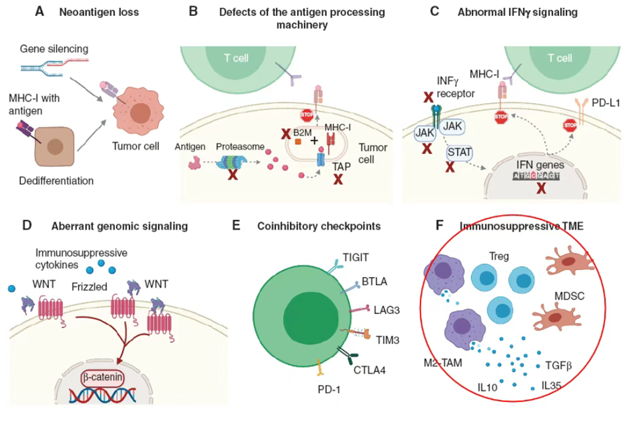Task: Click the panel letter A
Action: coord(40,12)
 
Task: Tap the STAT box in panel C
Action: coord(459,152)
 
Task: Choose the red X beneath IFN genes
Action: coord(541,188)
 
